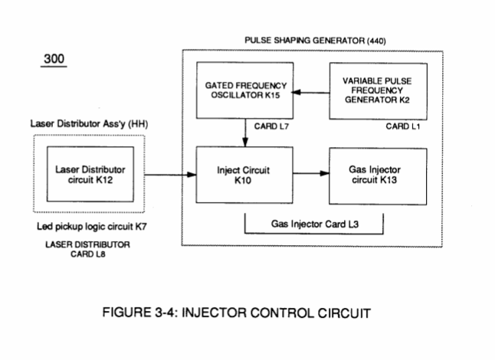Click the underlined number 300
pyautogui.click(x=54, y=59)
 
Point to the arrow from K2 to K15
pyautogui.click(x=311, y=93)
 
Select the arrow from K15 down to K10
pyautogui.click(x=245, y=133)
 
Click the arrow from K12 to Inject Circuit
pyautogui.click(x=170, y=175)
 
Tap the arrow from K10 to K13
pyautogui.click(x=311, y=173)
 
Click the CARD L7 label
pyautogui.click(x=271, y=126)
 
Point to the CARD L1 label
pyautogui.click(x=403, y=126)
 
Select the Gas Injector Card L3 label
pyautogui.click(x=315, y=224)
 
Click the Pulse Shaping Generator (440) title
pyautogui.click(x=315, y=41)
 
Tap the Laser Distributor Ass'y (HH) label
pyautogui.click(x=89, y=123)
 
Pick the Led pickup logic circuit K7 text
pyautogui.click(x=91, y=227)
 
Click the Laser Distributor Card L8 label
pyautogui.click(x=87, y=249)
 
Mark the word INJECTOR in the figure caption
pyautogui.click(x=214, y=313)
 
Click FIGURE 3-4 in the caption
pyautogui.click(x=139, y=313)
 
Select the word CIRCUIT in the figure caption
pyautogui.click(x=344, y=313)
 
